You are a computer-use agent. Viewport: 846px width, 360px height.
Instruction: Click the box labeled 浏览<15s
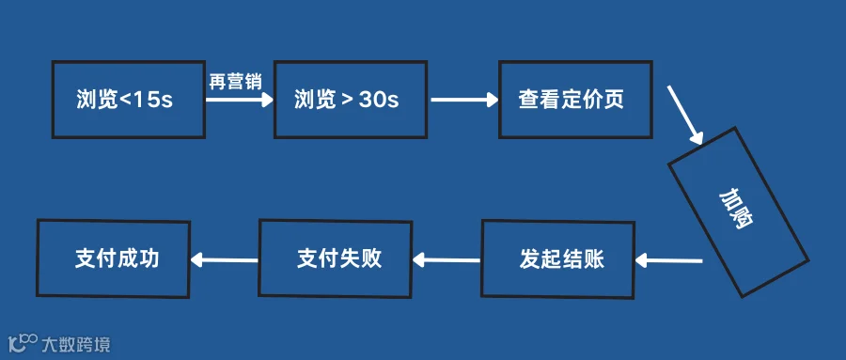click(129, 100)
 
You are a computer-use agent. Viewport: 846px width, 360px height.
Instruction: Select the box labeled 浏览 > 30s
click(351, 100)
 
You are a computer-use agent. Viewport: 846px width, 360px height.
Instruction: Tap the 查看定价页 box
click(575, 100)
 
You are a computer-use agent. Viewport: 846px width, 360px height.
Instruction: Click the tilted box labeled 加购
click(738, 211)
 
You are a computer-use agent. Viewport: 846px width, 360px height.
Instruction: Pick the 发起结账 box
click(557, 258)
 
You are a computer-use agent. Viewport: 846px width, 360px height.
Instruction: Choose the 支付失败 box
click(336, 258)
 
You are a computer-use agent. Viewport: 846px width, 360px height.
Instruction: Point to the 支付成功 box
click(114, 258)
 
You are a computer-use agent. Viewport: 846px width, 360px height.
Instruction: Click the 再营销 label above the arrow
click(235, 82)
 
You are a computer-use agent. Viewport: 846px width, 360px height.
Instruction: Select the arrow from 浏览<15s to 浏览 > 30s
click(240, 100)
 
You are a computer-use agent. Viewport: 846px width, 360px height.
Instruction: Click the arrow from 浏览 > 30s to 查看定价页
click(464, 100)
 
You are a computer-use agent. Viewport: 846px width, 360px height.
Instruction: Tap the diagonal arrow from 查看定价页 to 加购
click(685, 115)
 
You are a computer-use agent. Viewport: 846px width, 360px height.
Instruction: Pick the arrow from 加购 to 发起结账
click(668, 261)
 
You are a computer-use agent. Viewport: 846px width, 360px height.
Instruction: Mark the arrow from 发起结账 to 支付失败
click(446, 260)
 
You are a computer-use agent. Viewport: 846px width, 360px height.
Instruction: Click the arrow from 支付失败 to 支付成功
click(224, 260)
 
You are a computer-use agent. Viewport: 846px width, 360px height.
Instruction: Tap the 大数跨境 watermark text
click(76, 344)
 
